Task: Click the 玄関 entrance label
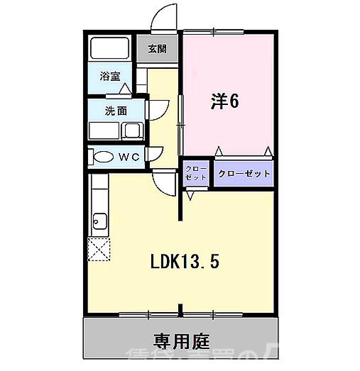tap(157, 49)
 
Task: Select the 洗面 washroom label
tap(116, 111)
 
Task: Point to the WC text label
tap(127, 157)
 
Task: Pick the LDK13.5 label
tap(184, 262)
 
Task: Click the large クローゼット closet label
tap(244, 173)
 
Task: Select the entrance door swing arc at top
tap(165, 16)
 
